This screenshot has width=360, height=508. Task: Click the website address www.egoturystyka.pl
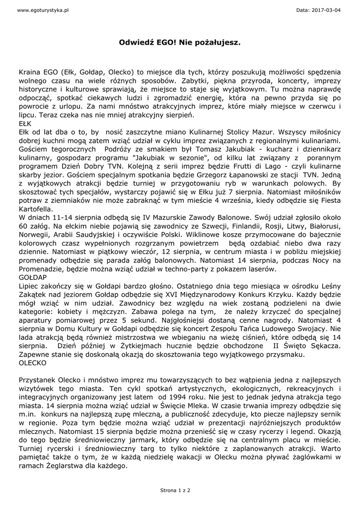click(x=36, y=10)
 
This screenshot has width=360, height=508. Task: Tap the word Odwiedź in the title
click(x=135, y=43)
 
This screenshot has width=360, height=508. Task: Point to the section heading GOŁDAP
click(x=33, y=277)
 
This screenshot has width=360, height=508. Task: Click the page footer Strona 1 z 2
click(x=175, y=490)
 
